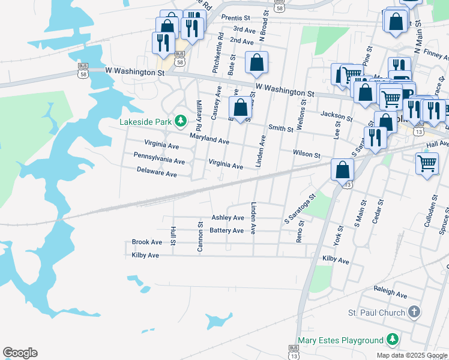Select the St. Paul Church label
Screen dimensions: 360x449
[x=376, y=313]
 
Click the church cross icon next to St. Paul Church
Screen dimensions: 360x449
[x=413, y=312]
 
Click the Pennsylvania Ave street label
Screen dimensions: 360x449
[x=159, y=161]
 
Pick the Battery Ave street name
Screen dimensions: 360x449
[x=227, y=230]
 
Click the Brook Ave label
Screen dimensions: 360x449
[x=147, y=242]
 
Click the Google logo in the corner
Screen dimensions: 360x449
[x=20, y=353]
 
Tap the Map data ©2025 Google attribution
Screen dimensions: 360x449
[x=412, y=355]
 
